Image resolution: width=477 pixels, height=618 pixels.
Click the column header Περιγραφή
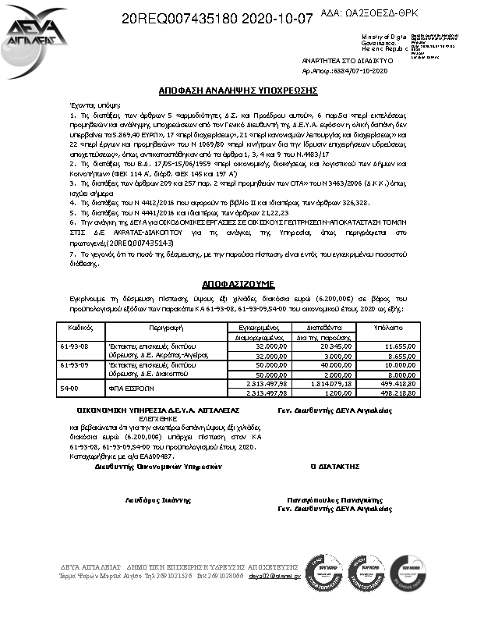pos(164,330)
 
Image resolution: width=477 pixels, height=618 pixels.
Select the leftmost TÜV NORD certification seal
pos(323,574)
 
